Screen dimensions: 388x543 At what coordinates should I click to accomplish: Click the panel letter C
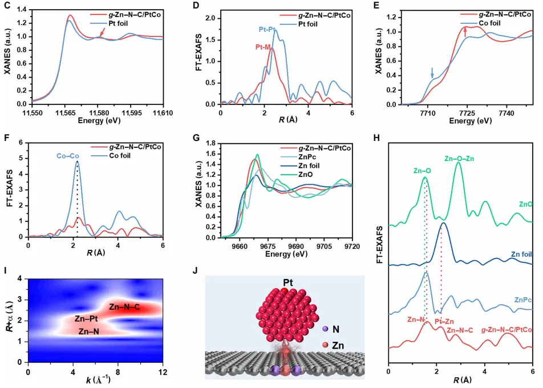tap(6, 7)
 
